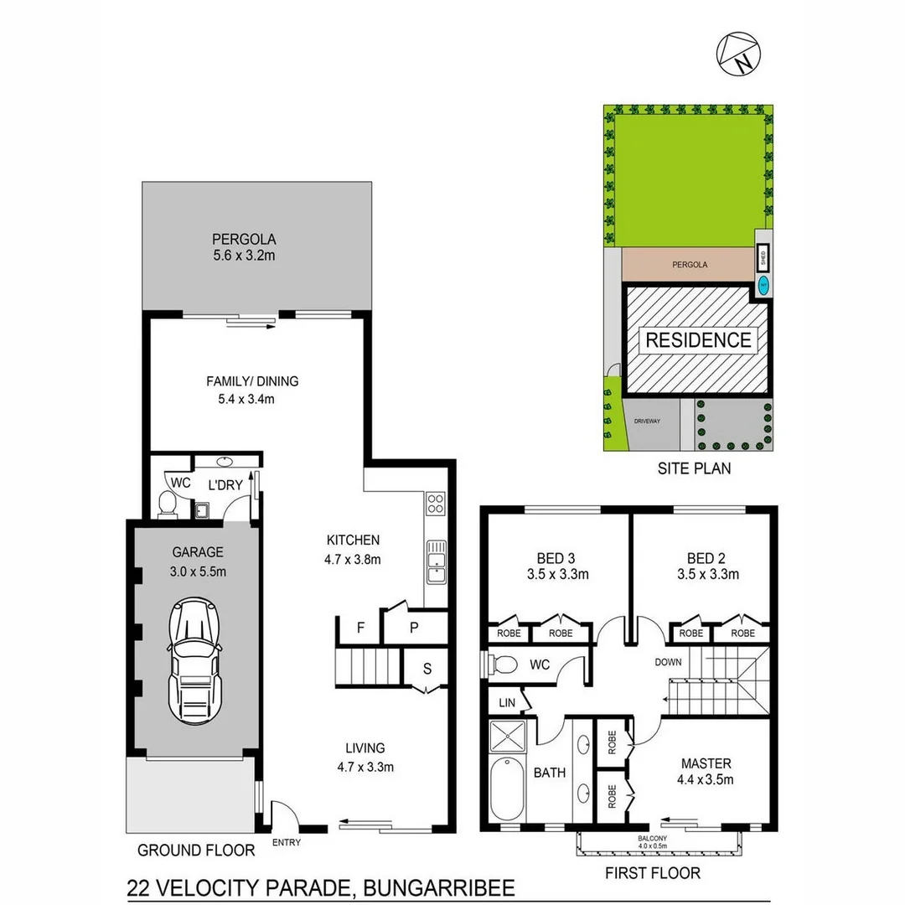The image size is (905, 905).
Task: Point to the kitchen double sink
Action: click(x=437, y=561)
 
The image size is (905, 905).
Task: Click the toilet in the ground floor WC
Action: click(x=167, y=503)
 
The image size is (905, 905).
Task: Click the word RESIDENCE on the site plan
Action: click(x=697, y=340)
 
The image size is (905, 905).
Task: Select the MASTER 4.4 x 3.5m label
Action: click(x=706, y=772)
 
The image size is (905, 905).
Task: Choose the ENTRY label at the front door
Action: click(x=287, y=842)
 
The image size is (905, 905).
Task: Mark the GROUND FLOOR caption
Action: click(x=196, y=851)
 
